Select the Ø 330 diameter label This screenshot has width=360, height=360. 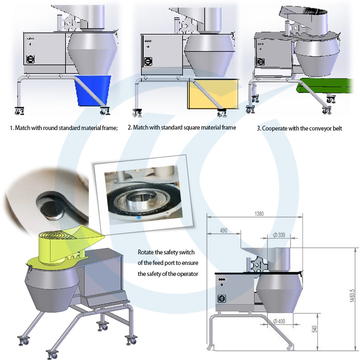pyautogui.click(x=278, y=235)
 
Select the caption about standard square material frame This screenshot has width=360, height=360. pyautogui.click(x=181, y=128)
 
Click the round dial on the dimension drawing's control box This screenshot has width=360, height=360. pyautogui.click(x=223, y=298)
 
